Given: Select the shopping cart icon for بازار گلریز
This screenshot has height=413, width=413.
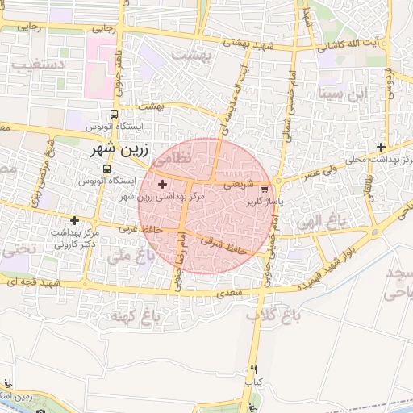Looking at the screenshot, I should pos(265,190).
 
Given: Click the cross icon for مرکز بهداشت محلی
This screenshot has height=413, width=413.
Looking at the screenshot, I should pos(381,147).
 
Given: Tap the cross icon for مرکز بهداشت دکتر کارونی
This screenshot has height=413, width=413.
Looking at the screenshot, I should pos(75,219).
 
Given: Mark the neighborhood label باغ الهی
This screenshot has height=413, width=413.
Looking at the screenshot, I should pos(317,220).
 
